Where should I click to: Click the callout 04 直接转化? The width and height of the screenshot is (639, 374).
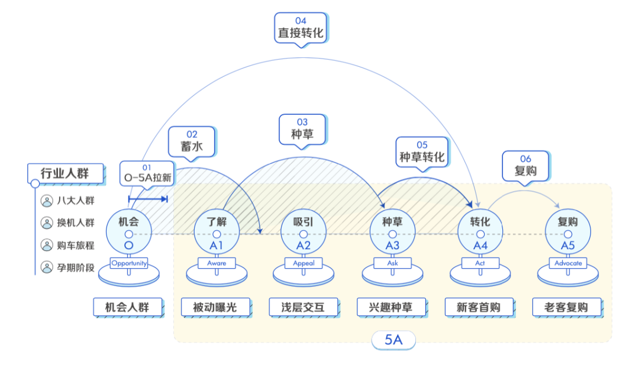301,27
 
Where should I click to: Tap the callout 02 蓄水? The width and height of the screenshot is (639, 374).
192,141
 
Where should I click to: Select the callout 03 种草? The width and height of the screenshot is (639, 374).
302,128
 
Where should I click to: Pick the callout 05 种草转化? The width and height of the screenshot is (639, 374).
422,151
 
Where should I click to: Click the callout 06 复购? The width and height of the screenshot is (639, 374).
525,165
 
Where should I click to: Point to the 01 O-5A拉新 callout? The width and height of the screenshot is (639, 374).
147,173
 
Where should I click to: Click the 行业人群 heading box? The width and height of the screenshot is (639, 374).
65,173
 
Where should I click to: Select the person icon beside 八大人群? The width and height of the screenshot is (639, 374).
47,201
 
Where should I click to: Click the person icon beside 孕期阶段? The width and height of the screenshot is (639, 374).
47,267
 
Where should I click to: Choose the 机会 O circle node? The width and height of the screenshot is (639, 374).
128,231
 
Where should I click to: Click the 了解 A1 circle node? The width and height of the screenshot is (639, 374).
217,231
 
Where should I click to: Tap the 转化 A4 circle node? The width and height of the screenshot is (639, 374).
480,231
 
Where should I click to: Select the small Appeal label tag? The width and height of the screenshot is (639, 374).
304,263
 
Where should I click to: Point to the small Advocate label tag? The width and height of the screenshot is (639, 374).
568,263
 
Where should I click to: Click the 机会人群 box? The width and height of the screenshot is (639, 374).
127,307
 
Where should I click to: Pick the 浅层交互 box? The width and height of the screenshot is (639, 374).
304,307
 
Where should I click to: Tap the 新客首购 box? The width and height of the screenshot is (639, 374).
479,307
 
